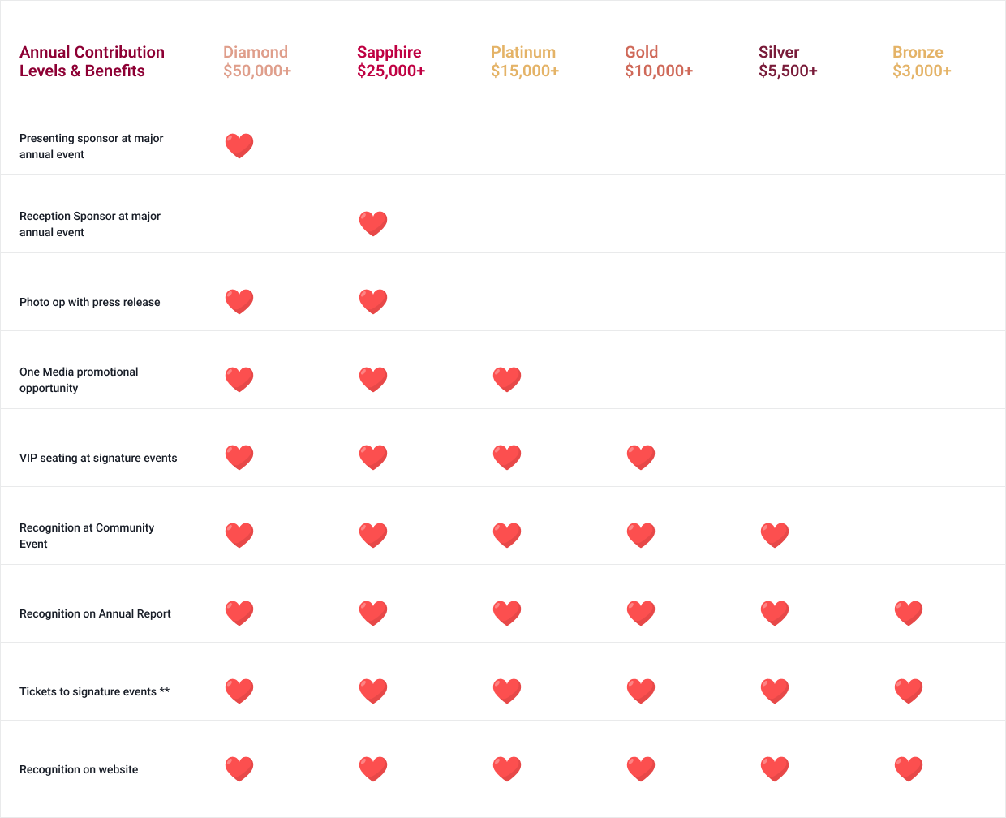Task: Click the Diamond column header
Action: coord(257,62)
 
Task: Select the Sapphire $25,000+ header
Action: coord(391,62)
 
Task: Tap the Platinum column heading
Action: coord(525,62)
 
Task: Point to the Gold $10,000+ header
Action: coord(659,62)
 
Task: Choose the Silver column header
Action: coord(788,62)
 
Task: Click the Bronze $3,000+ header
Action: coord(922,62)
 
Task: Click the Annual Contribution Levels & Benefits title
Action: coord(92,62)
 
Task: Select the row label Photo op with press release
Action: coord(90,302)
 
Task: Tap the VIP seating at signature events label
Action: coord(98,458)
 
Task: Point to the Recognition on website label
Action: coord(79,769)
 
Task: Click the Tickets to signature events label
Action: coord(94,691)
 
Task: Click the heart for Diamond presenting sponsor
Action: coord(239,146)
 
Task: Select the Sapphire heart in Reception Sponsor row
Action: coord(373,224)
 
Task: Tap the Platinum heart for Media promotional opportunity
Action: coord(507,380)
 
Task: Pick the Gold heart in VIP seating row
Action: coord(641,458)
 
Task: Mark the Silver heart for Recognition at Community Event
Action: coord(775,536)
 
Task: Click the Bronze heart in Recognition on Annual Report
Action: coord(909,613)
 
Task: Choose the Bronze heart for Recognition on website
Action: coord(909,769)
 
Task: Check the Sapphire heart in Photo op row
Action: coord(373,302)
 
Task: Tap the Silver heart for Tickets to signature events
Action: coord(775,691)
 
